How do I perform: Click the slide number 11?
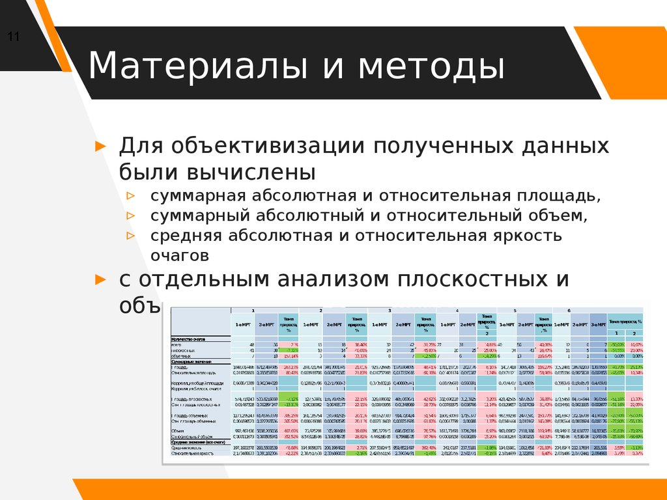coord(13,36)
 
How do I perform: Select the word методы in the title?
coord(434,66)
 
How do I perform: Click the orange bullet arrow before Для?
coord(100,146)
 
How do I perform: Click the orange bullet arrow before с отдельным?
coord(100,280)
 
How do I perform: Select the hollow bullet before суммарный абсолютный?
coord(131,215)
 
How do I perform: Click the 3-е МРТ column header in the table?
coord(597,324)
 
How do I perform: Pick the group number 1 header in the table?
coord(253,311)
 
